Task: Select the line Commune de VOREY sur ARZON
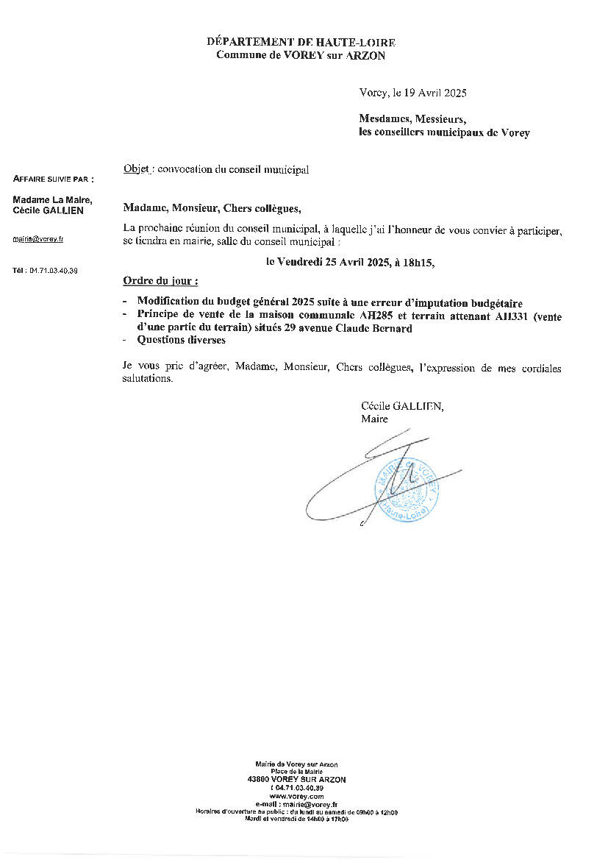pos(301,55)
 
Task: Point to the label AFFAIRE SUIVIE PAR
pos(54,179)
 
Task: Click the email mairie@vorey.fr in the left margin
pos(38,239)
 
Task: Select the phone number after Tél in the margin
pos(54,271)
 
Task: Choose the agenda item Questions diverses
pos(181,340)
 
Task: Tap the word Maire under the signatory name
pos(374,419)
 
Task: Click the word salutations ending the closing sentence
pos(148,380)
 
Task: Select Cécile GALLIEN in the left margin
pos(49,211)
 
